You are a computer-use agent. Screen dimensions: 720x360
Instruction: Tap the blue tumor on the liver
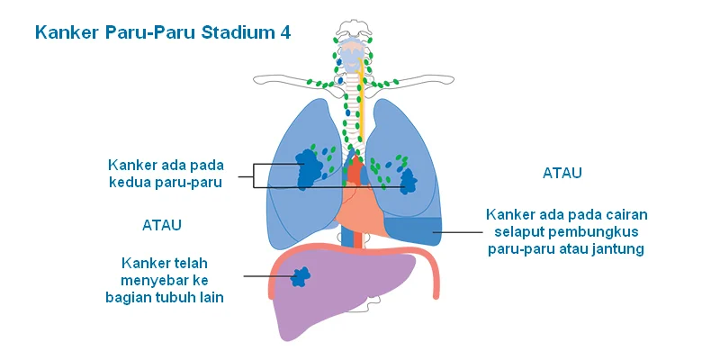tap(301, 276)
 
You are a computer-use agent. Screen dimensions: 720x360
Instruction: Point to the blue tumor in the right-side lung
tap(408, 181)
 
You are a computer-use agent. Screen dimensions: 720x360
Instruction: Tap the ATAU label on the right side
tap(562, 173)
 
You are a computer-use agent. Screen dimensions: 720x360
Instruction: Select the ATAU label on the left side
tap(162, 225)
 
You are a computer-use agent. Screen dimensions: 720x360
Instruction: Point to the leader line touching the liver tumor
tap(267, 276)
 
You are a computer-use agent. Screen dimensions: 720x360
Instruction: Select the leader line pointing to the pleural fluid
tap(457, 232)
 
